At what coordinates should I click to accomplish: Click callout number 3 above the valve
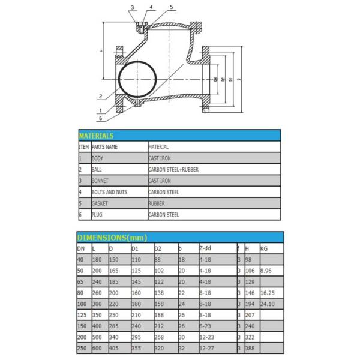tap(133, 7)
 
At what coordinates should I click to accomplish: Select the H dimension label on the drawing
tap(102, 52)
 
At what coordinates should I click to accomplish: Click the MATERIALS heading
tap(96, 136)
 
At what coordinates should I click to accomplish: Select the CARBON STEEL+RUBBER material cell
tap(173, 169)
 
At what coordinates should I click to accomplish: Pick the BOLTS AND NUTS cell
tap(109, 192)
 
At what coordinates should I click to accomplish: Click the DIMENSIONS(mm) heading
tap(112, 238)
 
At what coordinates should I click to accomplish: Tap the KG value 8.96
tap(267, 271)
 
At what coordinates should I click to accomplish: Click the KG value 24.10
tap(268, 304)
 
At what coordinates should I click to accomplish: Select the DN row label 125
tap(82, 315)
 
